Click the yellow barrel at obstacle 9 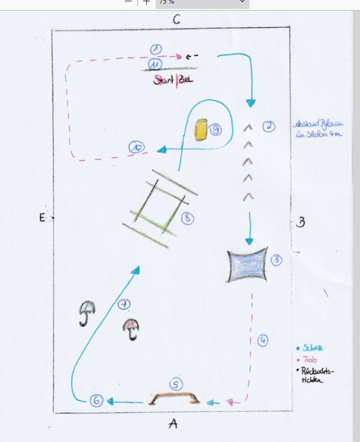(x=201, y=129)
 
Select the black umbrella (x=87, y=312)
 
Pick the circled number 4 (x=263, y=340)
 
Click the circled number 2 (x=269, y=126)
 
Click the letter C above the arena (x=176, y=20)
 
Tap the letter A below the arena (x=173, y=423)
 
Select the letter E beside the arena (x=42, y=219)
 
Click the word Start (x=164, y=80)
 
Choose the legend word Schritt (x=312, y=348)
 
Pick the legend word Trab (x=309, y=360)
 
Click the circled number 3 (x=276, y=259)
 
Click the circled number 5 (x=174, y=384)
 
